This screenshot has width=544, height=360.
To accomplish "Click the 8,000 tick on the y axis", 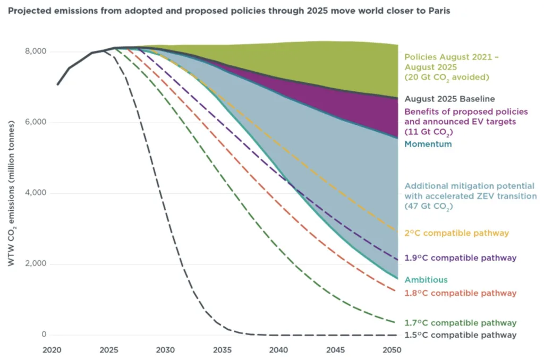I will point(36,52).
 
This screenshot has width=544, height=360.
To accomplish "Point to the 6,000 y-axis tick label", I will point(36,122).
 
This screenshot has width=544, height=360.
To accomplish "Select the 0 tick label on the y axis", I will point(44,335).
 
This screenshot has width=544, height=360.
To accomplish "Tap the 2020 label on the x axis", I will point(53,350).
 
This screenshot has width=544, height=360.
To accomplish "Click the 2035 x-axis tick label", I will point(222,350).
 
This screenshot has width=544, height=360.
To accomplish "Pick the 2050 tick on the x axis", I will point(392,350).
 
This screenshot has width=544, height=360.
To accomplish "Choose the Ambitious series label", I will point(426,280).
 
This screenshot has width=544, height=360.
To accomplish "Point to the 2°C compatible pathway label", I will point(456,233).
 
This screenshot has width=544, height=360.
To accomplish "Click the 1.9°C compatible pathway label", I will point(460,258).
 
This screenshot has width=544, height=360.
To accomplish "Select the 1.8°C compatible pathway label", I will point(460,293).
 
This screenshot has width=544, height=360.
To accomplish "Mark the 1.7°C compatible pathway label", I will point(460,323).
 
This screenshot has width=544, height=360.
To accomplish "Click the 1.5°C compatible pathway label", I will point(460,335).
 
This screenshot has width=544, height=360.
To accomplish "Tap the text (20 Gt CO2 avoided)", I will point(446,78).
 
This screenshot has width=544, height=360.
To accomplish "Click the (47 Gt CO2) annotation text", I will point(429,207).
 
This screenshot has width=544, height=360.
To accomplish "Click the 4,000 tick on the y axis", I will point(36,193).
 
